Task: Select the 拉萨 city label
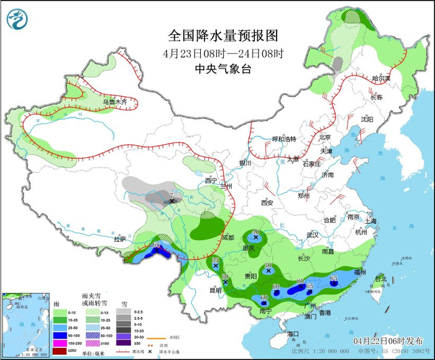coord(120,239)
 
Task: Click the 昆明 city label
coord(215,290)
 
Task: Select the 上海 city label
coord(371,221)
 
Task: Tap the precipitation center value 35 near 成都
coord(216,260)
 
